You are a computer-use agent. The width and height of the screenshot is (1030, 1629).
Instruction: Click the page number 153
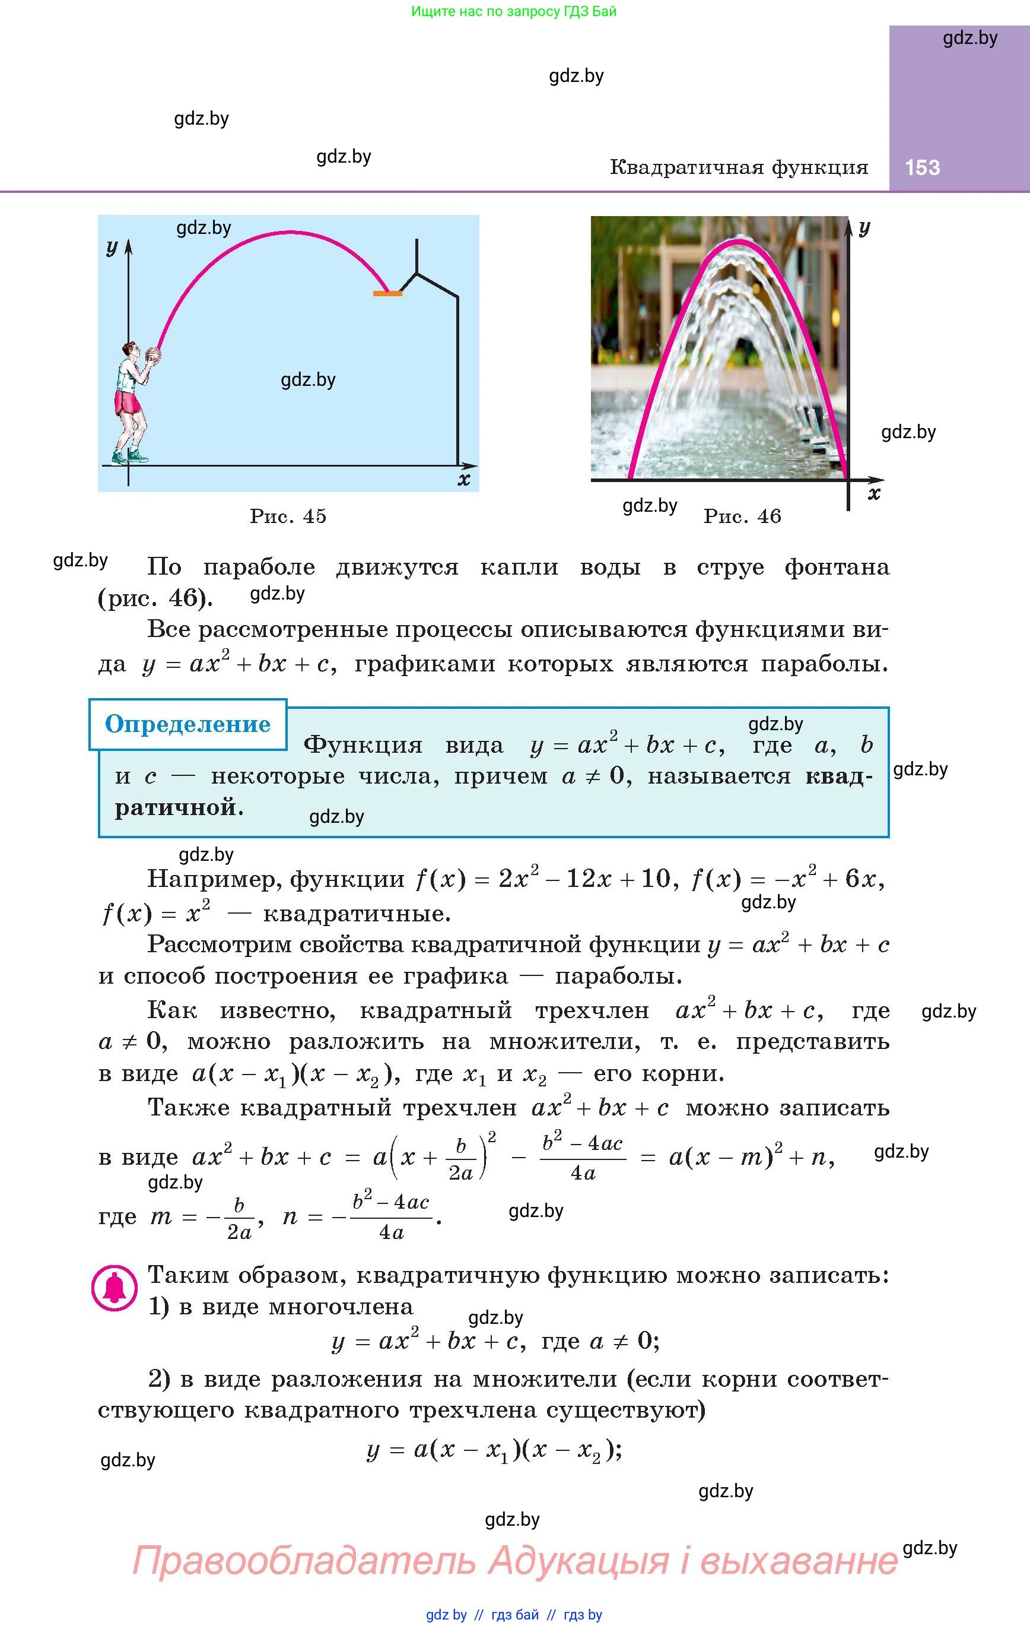coord(922,168)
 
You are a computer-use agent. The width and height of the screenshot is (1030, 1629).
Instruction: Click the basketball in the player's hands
coord(154,356)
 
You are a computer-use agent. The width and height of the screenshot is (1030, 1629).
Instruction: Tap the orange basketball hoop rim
coord(387,293)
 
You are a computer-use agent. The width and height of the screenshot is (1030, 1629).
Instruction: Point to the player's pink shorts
coord(128,403)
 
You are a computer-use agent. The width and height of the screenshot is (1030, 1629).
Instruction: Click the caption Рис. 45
coord(288,516)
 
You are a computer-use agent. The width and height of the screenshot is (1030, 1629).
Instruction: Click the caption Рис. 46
coord(742,516)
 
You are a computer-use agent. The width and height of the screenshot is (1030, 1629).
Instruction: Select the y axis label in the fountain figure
coord(864,227)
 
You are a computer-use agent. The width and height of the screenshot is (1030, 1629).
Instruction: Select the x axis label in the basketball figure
coord(463,480)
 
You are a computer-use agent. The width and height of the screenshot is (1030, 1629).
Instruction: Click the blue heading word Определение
coord(187,724)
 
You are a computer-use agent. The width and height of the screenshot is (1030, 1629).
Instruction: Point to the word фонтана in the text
coord(837,567)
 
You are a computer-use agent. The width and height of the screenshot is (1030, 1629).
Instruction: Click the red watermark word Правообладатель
coord(304,1561)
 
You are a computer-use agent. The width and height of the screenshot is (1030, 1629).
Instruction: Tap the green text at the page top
coord(514,11)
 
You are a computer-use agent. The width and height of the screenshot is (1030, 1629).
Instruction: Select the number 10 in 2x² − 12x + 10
coord(654,879)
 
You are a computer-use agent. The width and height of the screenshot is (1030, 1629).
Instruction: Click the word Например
coord(215,879)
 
